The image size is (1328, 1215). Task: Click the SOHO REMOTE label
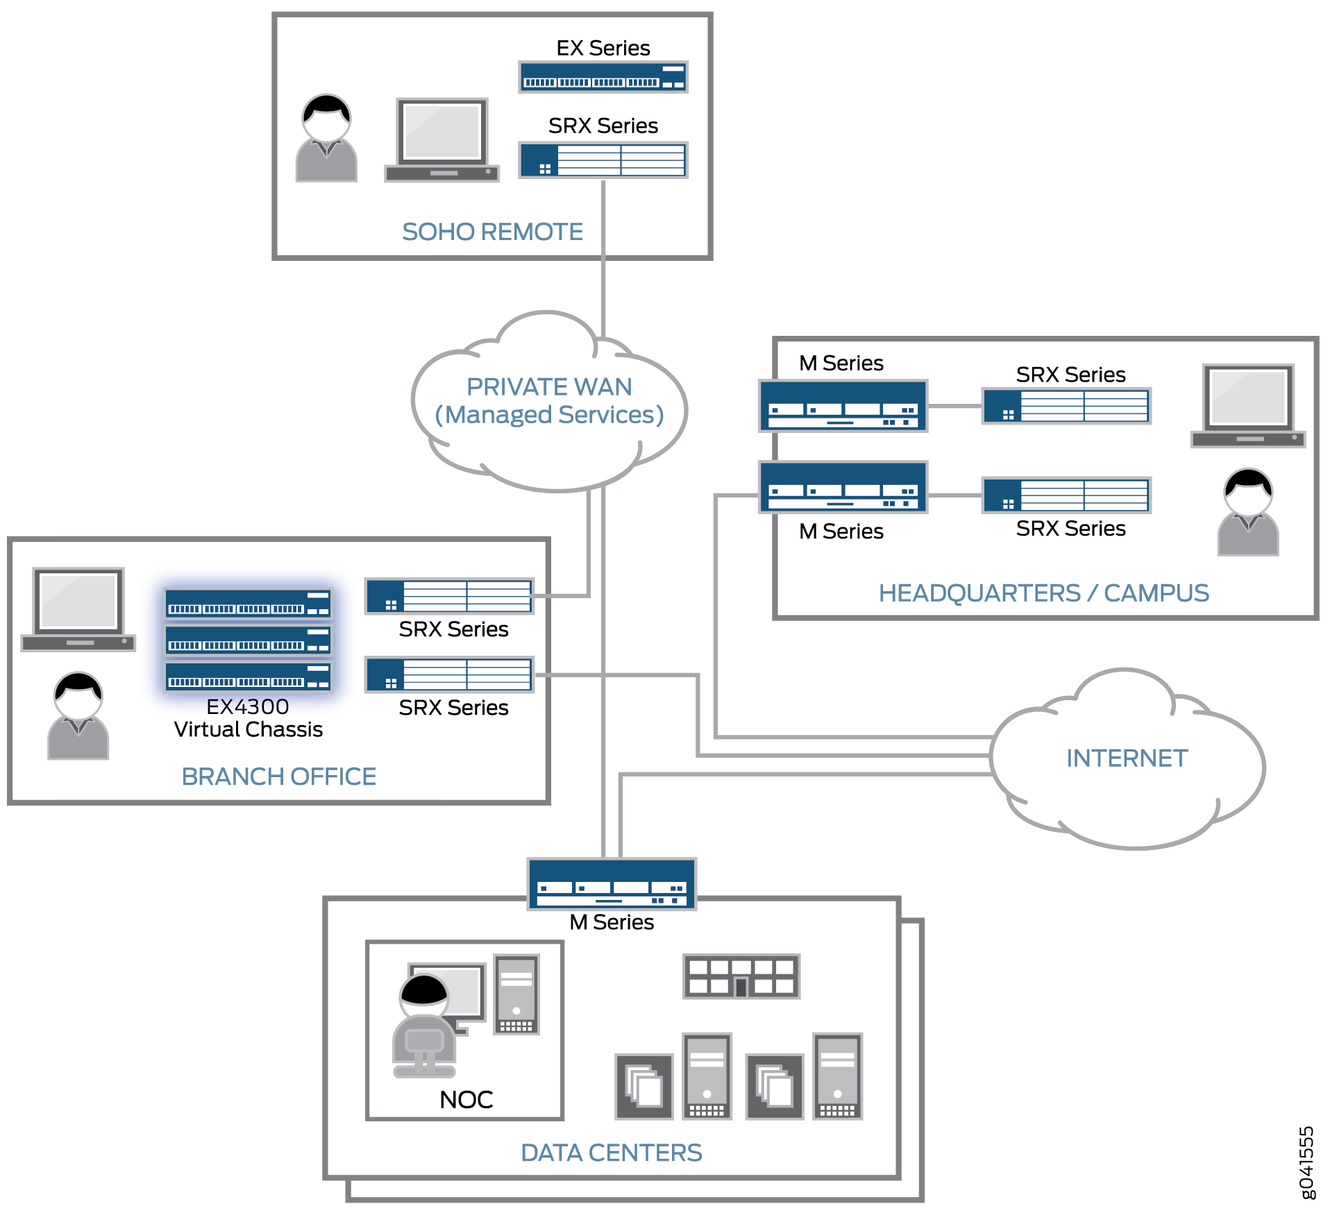pos(492,232)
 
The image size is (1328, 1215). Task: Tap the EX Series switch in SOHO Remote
pos(603,77)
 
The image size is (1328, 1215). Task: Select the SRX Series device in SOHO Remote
pos(603,160)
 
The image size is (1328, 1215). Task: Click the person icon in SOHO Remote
pos(326,138)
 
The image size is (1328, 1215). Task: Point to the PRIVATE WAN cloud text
pos(549,400)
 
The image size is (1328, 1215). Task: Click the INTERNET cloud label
pos(1127,758)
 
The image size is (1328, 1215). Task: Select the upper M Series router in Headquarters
pos(843,406)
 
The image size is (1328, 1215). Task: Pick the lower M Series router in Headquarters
pos(843,487)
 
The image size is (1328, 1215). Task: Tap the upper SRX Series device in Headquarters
pos(1066,406)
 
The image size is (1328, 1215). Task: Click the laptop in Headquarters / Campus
pos(1248,407)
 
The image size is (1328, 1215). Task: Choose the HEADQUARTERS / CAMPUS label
pos(1043,593)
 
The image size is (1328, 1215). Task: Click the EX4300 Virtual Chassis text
pos(248,718)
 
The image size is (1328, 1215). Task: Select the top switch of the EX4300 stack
pos(248,604)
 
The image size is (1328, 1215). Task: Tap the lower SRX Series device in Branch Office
pos(449,674)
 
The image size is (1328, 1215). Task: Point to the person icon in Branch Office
pos(78,715)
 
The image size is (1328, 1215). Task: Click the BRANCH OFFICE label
pos(278,776)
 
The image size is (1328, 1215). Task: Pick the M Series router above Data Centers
pos(611,883)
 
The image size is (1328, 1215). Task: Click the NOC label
pos(466,1100)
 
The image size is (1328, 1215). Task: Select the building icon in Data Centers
pos(741,976)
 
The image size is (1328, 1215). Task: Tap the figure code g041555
pos(1306,1162)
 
